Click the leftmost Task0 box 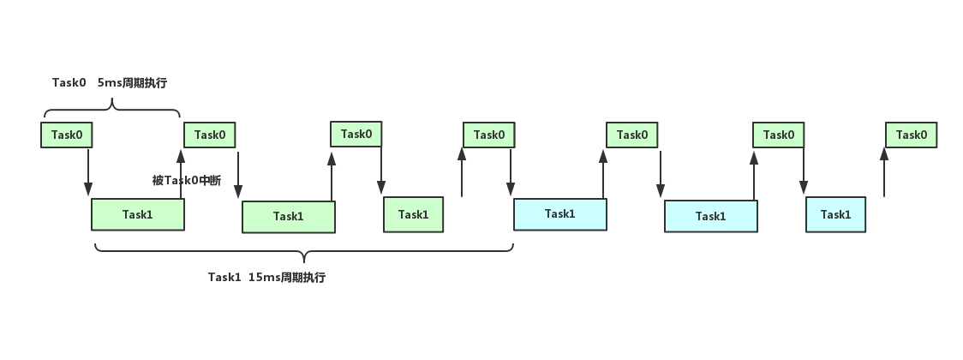click(66, 135)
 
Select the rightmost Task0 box click(911, 135)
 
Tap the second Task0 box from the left click(209, 135)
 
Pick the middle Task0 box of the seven click(489, 135)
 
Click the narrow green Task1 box click(413, 214)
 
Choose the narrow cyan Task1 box click(836, 214)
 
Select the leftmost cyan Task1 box click(560, 214)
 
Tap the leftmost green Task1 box click(138, 214)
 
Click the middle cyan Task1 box click(711, 216)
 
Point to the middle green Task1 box click(289, 217)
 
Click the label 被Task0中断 click(187, 181)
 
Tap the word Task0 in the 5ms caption click(69, 83)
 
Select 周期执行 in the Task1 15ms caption click(303, 277)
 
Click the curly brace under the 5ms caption click(111, 110)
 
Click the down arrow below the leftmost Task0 click(88, 172)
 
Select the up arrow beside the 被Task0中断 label click(181, 174)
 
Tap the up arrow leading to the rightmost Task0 click(884, 172)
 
